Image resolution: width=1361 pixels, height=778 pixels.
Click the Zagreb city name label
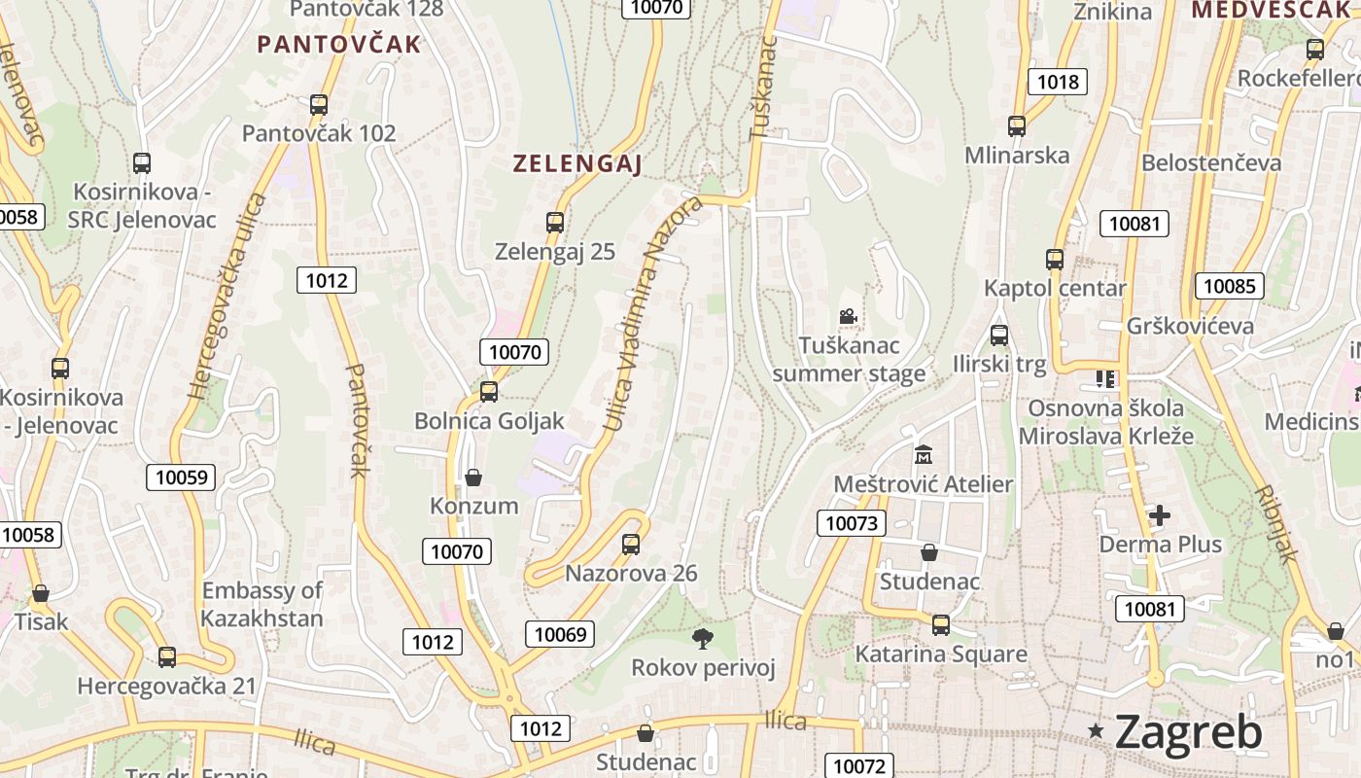click(x=1188, y=731)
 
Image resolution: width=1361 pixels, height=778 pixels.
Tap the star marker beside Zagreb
click(x=1097, y=730)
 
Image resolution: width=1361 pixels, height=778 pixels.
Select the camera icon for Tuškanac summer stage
click(x=848, y=316)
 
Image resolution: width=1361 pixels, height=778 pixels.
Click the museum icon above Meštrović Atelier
click(x=923, y=454)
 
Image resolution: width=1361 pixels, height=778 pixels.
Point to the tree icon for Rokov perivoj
click(x=703, y=638)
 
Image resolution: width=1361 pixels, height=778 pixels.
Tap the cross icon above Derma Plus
click(x=1160, y=514)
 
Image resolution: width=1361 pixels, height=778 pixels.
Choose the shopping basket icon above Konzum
click(x=473, y=477)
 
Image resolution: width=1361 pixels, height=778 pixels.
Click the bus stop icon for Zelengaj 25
click(x=555, y=222)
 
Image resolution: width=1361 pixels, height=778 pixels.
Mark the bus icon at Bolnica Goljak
click(x=489, y=391)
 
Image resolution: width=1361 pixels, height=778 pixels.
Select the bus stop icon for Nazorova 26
click(x=631, y=544)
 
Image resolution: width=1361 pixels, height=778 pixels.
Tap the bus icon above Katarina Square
click(x=940, y=624)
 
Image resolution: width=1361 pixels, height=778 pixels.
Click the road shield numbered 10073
click(x=852, y=523)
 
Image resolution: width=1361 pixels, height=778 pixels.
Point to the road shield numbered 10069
click(x=561, y=635)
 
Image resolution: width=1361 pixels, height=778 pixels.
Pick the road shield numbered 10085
click(x=1230, y=286)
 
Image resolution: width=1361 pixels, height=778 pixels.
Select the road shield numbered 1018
click(x=1058, y=82)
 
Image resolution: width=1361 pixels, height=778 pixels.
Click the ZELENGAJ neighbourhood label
click(x=577, y=164)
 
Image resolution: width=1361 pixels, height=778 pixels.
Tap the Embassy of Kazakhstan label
click(x=262, y=604)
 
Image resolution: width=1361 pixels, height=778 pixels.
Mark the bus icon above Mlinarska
click(x=1017, y=125)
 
